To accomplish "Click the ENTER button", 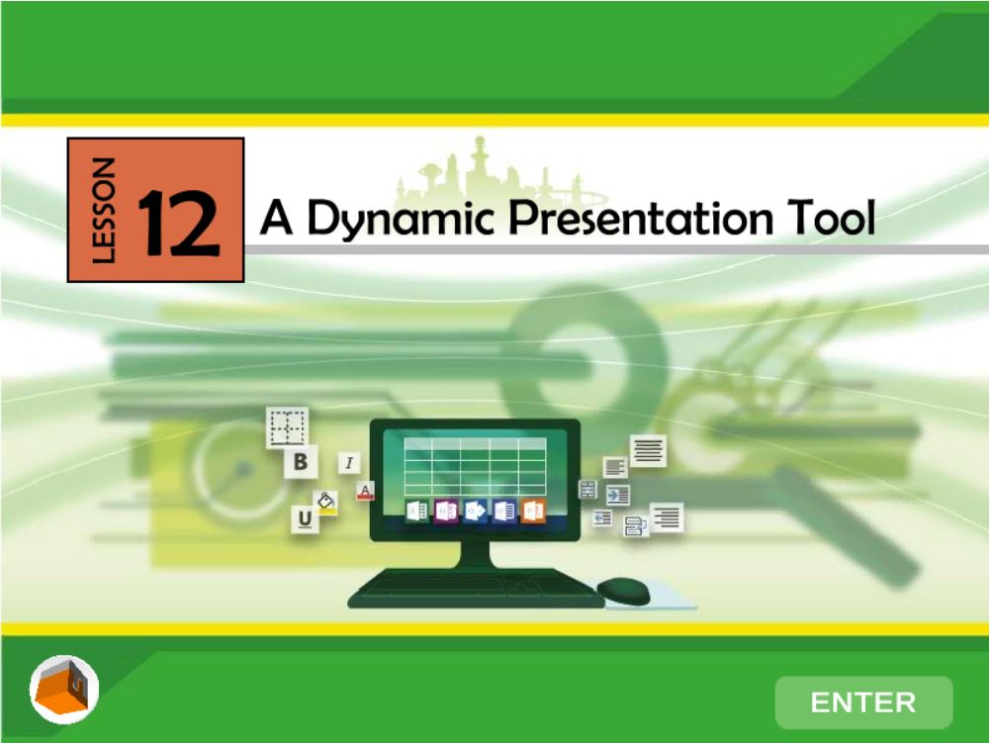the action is click(863, 702).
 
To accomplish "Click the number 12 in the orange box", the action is click(179, 224).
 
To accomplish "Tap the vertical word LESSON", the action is click(103, 210).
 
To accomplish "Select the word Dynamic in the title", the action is click(400, 218).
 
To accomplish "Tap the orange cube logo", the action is click(63, 690).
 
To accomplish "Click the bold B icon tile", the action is click(301, 462).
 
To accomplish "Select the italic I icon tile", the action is click(349, 463).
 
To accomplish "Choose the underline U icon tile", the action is click(305, 518).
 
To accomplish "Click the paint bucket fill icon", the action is click(325, 503).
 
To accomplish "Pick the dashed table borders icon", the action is click(288, 427).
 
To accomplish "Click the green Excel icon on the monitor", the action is click(416, 511).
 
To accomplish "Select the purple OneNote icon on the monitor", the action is click(446, 511).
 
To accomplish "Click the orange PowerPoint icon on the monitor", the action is click(533, 511).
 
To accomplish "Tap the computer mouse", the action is click(624, 592).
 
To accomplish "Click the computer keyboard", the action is click(475, 589).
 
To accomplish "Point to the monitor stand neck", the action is click(475, 555).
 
